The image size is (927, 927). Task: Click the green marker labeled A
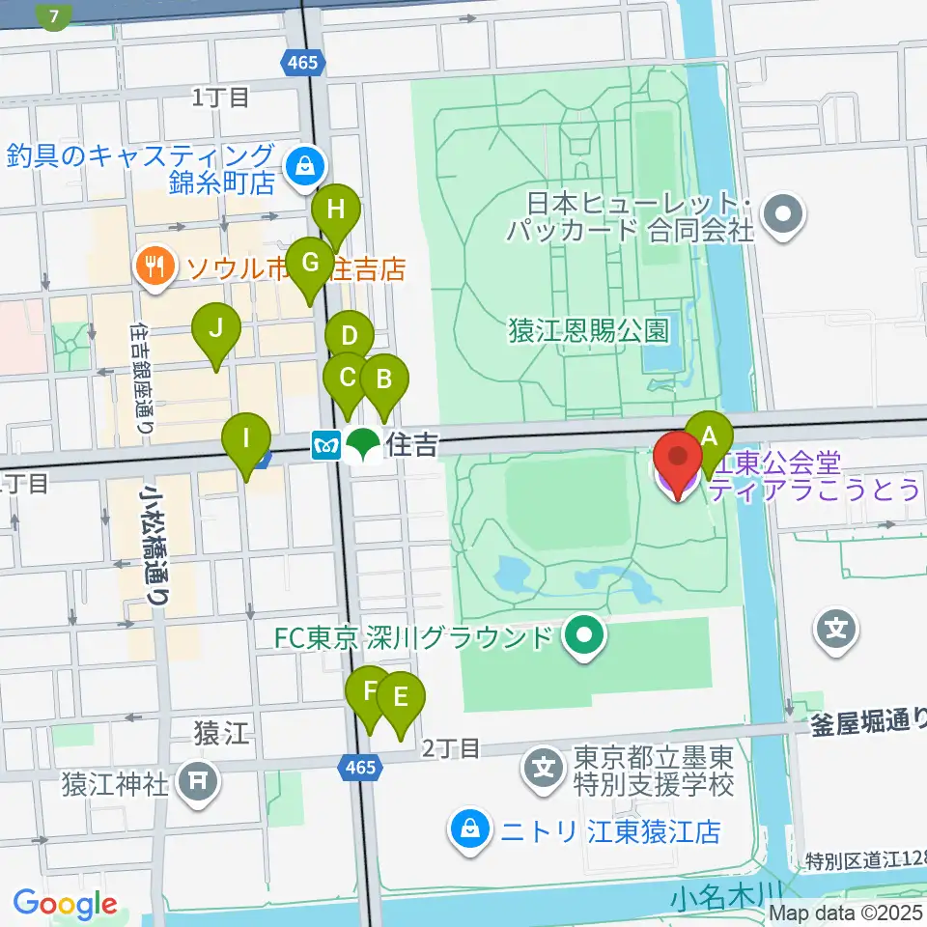(x=710, y=436)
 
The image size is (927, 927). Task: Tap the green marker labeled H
(x=336, y=210)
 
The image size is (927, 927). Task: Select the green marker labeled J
(x=216, y=329)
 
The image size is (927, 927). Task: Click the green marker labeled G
(x=310, y=264)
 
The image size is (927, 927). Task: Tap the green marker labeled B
(x=383, y=379)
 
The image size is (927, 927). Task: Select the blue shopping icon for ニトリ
(x=468, y=829)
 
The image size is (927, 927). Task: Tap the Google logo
(x=65, y=904)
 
